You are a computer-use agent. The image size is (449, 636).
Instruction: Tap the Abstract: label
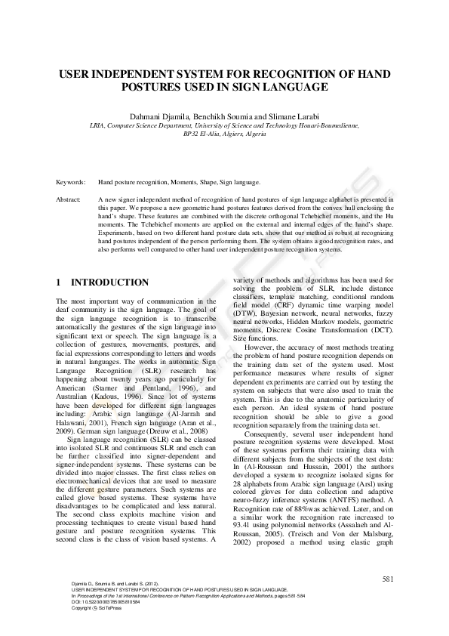(69, 199)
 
